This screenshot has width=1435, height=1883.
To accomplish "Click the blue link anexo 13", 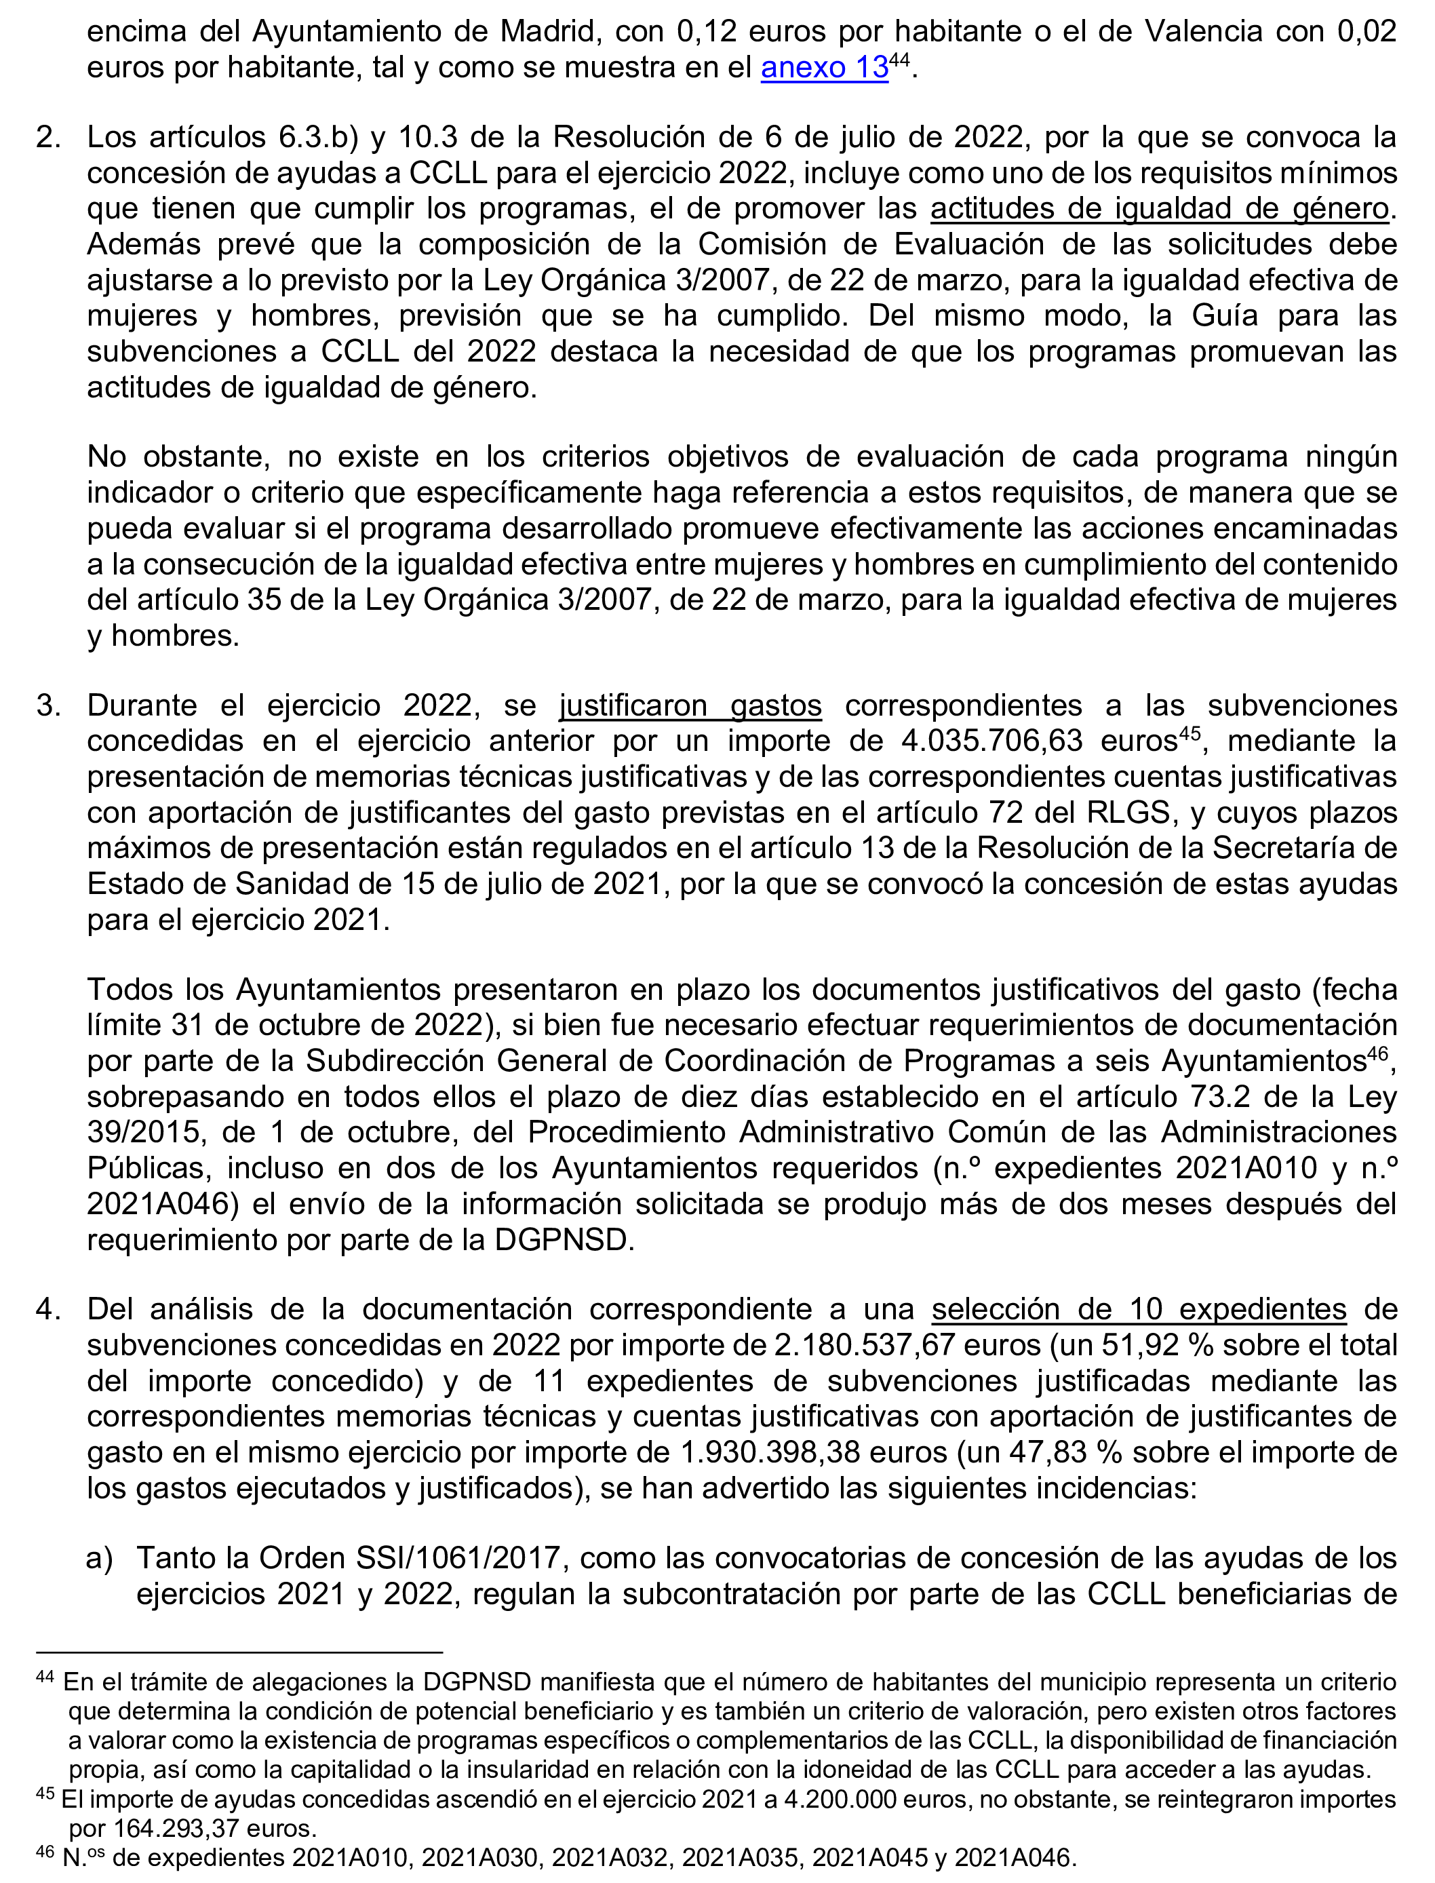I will point(824,68).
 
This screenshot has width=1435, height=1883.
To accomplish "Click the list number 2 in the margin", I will point(48,138).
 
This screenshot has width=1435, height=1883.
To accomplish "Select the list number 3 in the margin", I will point(48,705).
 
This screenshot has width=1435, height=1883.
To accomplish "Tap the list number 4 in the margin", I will point(48,1309).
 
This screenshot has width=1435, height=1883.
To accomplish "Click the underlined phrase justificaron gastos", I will point(690,705).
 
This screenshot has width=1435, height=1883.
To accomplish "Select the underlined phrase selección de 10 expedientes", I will point(1139,1309).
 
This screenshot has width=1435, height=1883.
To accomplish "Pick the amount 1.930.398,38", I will point(770,1452).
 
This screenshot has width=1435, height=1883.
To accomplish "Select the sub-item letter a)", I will point(99,1558).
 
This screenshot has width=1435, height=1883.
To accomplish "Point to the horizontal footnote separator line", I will point(239,1652).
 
